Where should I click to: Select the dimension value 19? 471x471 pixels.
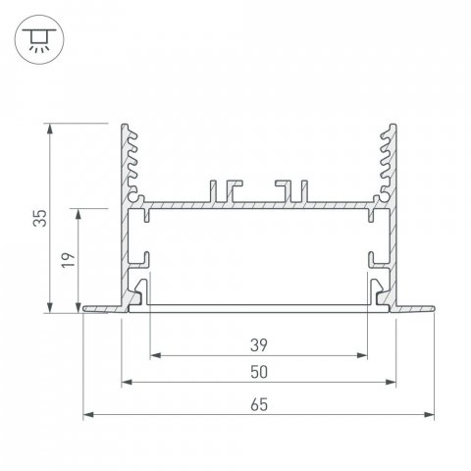66,261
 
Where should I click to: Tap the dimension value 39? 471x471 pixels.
259,343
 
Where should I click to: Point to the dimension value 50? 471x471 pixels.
259,372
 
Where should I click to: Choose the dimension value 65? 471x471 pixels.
259,401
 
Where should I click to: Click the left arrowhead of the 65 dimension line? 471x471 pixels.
87,414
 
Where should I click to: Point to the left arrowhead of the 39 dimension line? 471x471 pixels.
154,355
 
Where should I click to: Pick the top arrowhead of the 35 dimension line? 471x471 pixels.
49,128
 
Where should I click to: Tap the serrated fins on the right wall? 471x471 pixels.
390,157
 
